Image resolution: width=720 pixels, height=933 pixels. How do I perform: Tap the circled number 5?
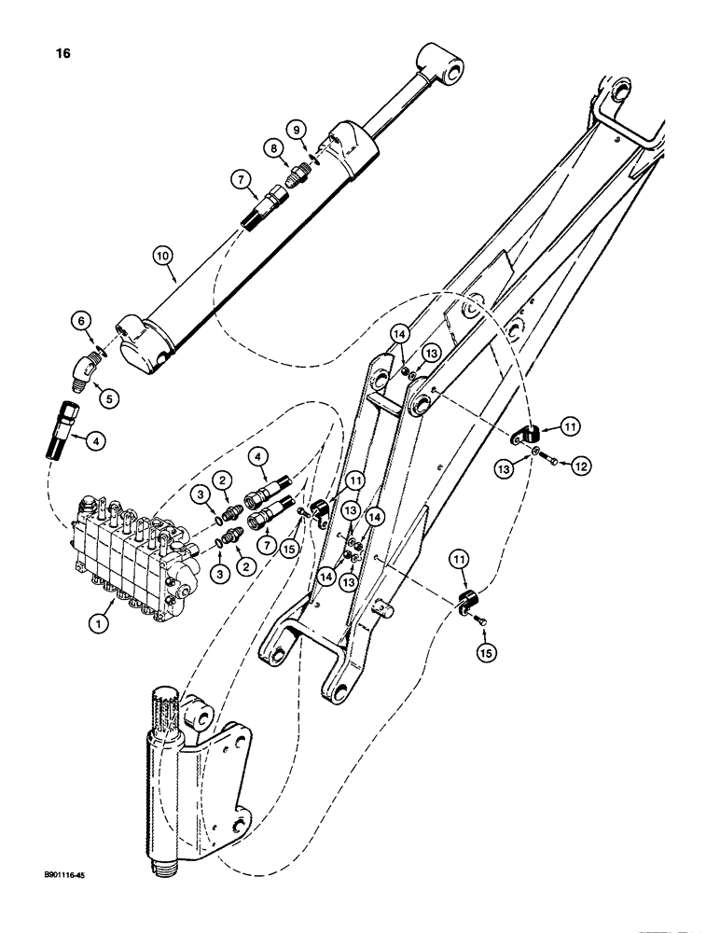coord(110,397)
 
